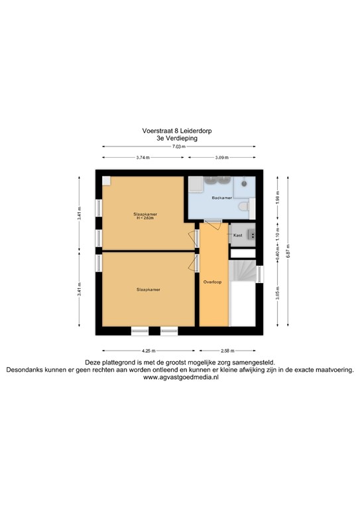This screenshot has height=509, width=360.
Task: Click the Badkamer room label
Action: pyautogui.click(x=221, y=198)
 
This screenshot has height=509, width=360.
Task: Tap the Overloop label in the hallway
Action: pyautogui.click(x=213, y=282)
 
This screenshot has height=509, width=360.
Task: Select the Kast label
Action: pyautogui.click(x=237, y=235)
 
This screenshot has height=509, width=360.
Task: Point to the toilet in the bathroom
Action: pyautogui.click(x=245, y=208)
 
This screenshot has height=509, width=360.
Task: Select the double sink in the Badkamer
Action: pyautogui.click(x=217, y=180)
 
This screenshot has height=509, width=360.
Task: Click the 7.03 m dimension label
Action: pyautogui.click(x=180, y=147)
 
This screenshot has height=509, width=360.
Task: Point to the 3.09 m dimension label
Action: pyautogui.click(x=221, y=158)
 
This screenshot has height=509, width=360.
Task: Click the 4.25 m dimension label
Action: pyautogui.click(x=148, y=351)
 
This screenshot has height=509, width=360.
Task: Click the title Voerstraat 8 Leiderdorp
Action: pyautogui.click(x=180, y=131)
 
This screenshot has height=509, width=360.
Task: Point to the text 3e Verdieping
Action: pyautogui.click(x=180, y=139)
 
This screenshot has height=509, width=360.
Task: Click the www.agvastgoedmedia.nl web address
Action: pyautogui.click(x=180, y=377)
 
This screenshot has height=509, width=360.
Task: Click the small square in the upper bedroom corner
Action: pyautogui.click(x=107, y=181)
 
